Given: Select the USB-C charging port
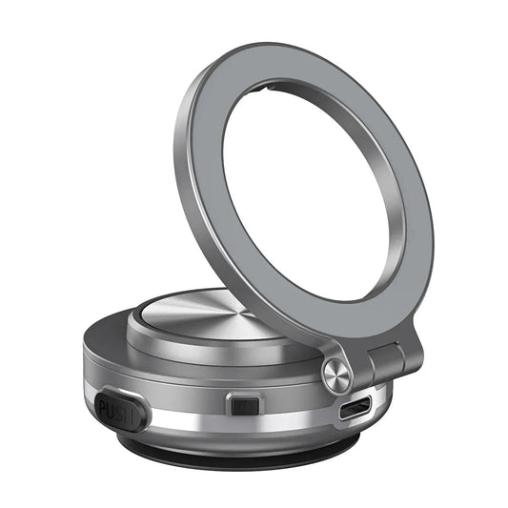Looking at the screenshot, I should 355,409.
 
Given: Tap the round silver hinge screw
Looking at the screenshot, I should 336,375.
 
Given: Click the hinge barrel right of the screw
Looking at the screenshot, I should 386,361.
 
